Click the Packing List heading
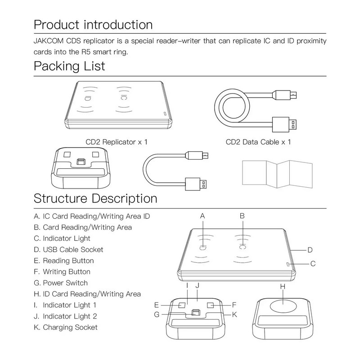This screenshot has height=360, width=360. pyautogui.click(x=69, y=66)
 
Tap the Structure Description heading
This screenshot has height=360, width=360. pyautogui.click(x=95, y=198)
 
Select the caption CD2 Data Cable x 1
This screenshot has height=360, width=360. pyautogui.click(x=258, y=142)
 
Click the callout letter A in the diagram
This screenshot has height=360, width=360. pyautogui.click(x=202, y=216)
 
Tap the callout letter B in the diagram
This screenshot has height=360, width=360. pyautogui.click(x=242, y=216)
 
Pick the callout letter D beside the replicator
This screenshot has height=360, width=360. pyautogui.click(x=310, y=250)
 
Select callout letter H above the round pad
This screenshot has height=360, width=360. pyautogui.click(x=283, y=286)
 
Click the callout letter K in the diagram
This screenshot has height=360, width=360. pyautogui.click(x=234, y=314)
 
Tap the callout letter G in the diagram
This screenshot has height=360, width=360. pyautogui.click(x=157, y=314)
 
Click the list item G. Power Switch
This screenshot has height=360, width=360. pyautogui.click(x=65, y=283)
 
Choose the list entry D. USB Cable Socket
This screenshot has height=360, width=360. pyautogui.click(x=72, y=249)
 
